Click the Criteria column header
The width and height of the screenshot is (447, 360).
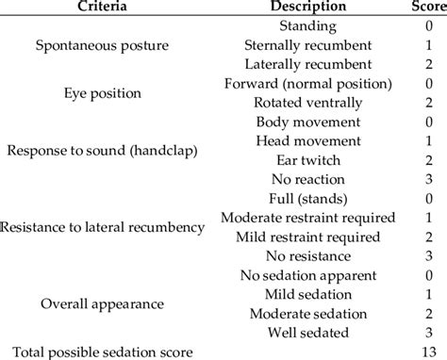pyautogui.click(x=97, y=8)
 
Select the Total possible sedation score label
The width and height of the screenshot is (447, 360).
pyautogui.click(x=99, y=352)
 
